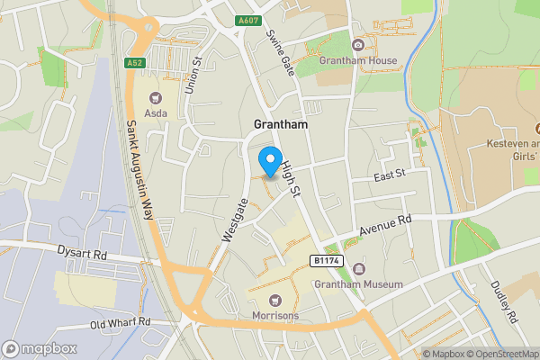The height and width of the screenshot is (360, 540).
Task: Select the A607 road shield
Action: (249, 21)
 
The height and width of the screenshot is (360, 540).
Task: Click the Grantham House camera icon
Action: (358, 45)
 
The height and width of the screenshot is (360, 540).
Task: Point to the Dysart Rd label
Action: (82, 255)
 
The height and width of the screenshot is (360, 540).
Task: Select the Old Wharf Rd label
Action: (120, 322)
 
